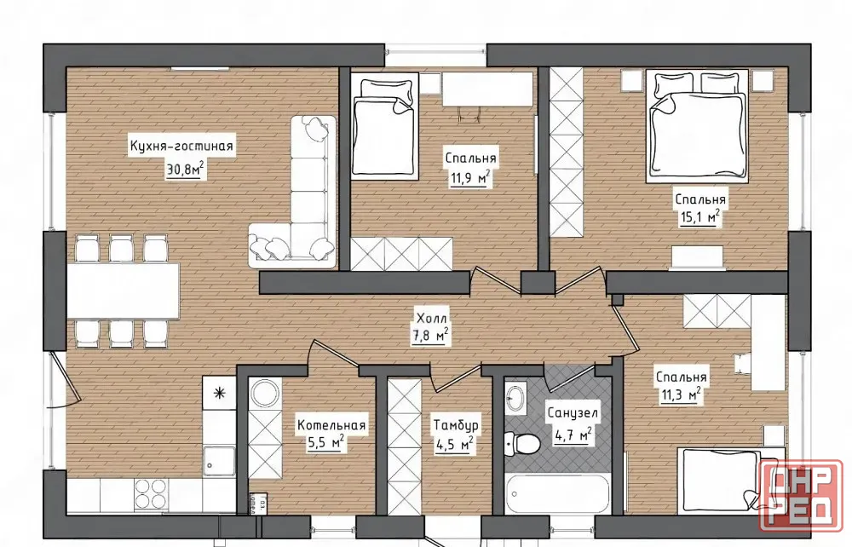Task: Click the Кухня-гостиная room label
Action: (x=181, y=146)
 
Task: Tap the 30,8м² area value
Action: (x=185, y=170)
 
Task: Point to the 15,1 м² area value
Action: (x=699, y=216)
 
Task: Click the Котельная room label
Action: (x=331, y=425)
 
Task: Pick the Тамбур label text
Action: (x=455, y=425)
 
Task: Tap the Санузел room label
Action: (x=573, y=413)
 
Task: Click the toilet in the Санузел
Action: (x=521, y=444)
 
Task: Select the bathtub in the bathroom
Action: (x=557, y=494)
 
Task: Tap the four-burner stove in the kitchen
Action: (x=151, y=494)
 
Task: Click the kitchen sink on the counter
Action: (x=219, y=461)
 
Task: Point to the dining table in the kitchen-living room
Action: (x=124, y=291)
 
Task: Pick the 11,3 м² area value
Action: (x=680, y=394)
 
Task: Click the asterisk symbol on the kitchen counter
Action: (x=219, y=393)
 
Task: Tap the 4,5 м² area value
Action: (x=454, y=445)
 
